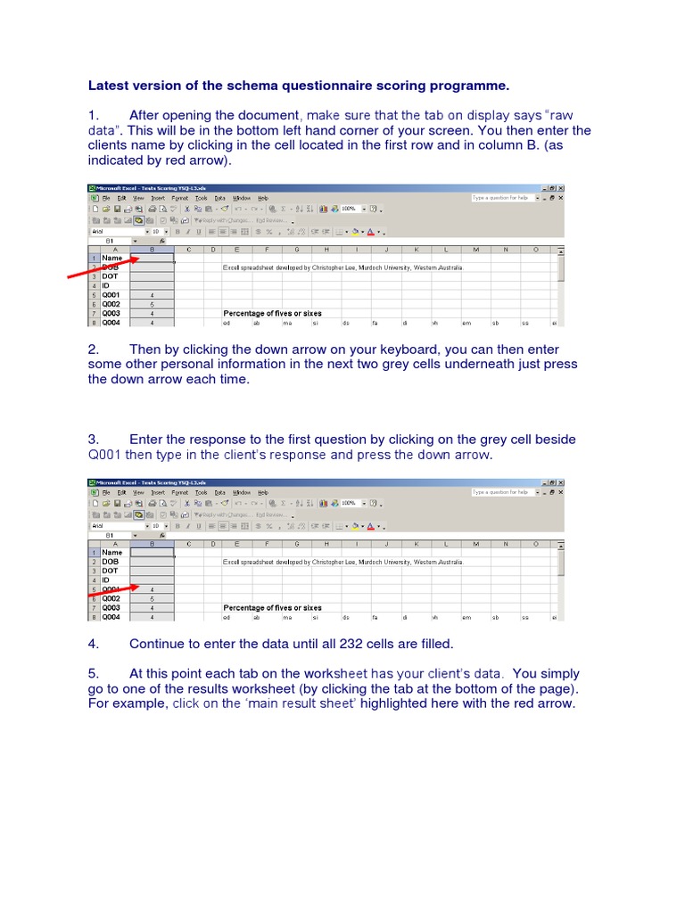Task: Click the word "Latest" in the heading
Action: [108, 86]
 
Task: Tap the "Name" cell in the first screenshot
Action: [112, 258]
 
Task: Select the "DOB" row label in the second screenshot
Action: [111, 562]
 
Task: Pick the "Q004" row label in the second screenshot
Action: [112, 617]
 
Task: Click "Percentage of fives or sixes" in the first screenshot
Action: [272, 314]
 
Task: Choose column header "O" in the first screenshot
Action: [536, 249]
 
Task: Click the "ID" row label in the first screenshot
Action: [105, 285]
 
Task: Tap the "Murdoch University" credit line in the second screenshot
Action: [342, 562]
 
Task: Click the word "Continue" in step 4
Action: [158, 643]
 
